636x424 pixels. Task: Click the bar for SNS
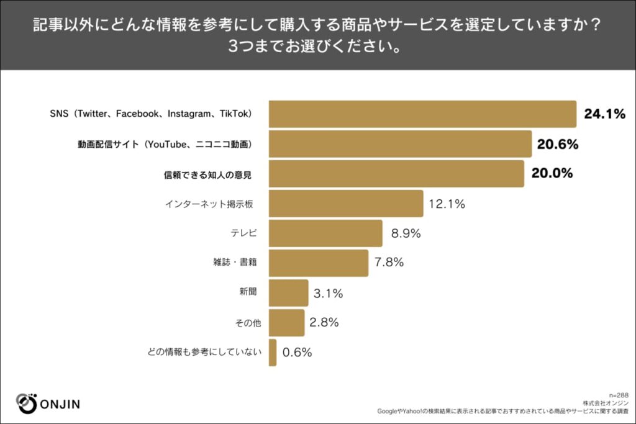coord(422,114)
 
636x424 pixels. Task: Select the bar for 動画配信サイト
coord(400,144)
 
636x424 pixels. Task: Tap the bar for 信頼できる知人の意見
coord(396,174)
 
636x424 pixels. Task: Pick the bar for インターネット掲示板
coord(346,204)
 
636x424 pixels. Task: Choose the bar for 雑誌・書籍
coord(319,263)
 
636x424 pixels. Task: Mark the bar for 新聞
coord(289,293)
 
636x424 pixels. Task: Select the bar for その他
coord(287,322)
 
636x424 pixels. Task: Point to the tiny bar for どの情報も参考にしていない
coord(273,353)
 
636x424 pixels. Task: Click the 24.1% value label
coord(604,114)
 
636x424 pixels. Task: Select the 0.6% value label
coord(297,353)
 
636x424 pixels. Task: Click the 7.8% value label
coord(389,263)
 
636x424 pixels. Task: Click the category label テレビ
coord(243,234)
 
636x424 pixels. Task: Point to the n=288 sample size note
coord(619,395)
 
